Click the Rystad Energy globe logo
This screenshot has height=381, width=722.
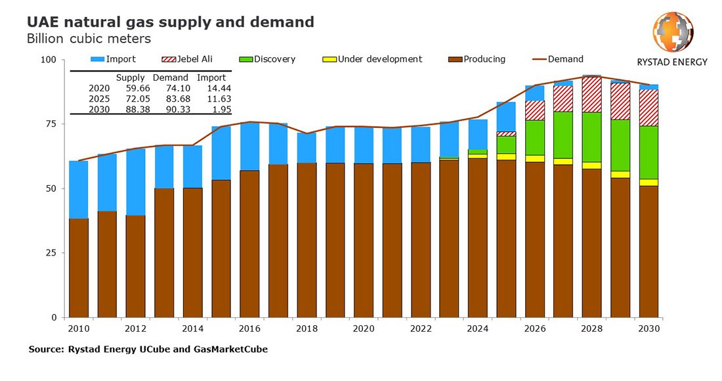[672, 32]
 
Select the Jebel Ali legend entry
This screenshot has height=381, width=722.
[177, 59]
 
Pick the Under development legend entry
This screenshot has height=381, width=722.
[373, 59]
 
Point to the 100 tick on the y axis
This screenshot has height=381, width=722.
[50, 60]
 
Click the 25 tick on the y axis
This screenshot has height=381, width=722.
[52, 253]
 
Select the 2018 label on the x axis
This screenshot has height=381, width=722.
[307, 327]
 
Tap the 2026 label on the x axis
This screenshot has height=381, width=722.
[534, 327]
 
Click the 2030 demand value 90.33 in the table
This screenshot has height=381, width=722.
[175, 110]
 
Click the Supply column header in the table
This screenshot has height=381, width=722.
[130, 78]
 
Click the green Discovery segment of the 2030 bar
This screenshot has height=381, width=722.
[648, 152]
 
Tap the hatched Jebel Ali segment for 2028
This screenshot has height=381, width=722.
[591, 95]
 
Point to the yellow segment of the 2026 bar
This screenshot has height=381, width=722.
[534, 158]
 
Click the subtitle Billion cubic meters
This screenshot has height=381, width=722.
[89, 39]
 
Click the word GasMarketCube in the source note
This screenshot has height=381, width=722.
[232, 349]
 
